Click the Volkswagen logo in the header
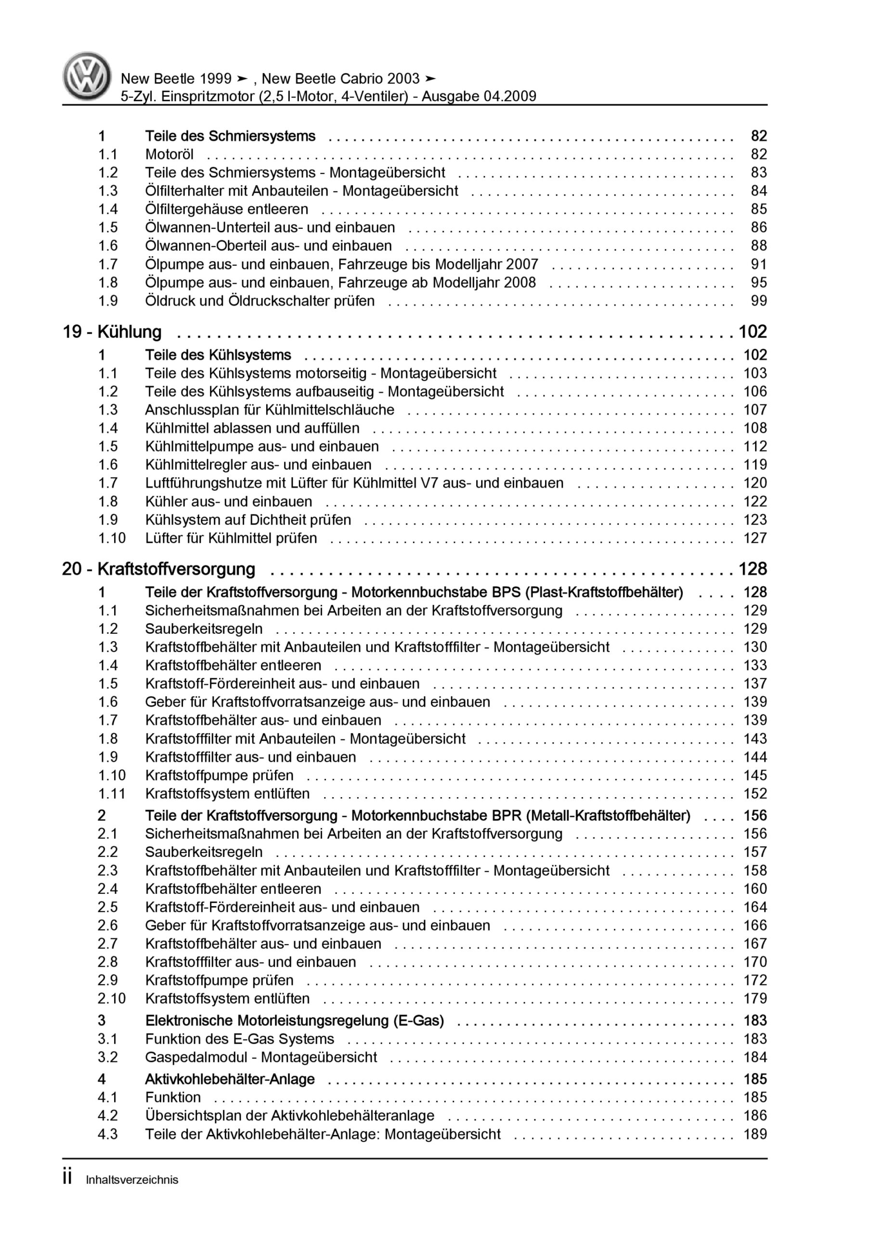(x=87, y=76)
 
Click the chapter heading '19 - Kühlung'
(x=112, y=332)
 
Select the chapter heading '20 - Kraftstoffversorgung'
(x=158, y=569)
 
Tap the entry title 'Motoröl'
(x=169, y=155)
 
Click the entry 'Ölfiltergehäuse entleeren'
(x=227, y=210)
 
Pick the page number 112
(x=754, y=446)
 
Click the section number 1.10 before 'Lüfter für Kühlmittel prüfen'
(x=111, y=538)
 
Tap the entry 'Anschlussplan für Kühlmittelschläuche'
(x=270, y=410)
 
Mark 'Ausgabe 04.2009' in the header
(x=479, y=97)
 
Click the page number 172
(x=754, y=980)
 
